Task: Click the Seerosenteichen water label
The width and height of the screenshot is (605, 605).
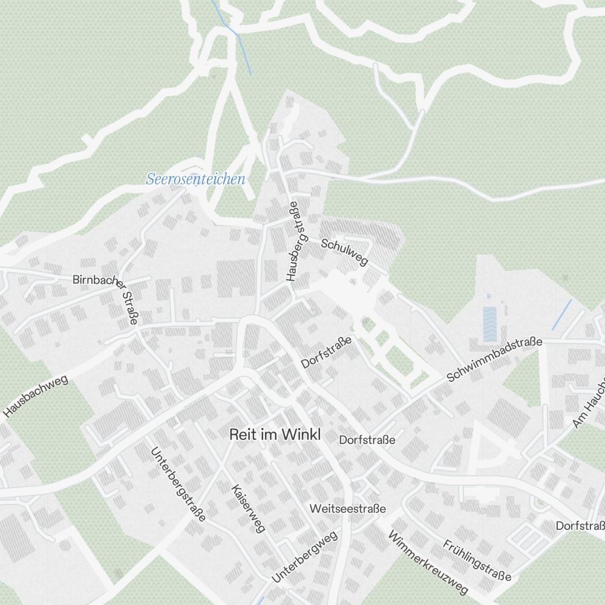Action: tap(195, 179)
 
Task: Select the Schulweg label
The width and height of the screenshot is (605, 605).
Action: tap(344, 252)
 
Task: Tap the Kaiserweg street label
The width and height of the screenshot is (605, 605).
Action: tap(248, 508)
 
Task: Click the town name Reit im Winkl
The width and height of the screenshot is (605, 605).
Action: tap(274, 434)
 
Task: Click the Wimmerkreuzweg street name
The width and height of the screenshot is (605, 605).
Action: tap(428, 563)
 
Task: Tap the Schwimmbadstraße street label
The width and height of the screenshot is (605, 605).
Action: tap(494, 361)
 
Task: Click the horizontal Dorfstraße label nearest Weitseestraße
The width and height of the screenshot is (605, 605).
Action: tap(367, 440)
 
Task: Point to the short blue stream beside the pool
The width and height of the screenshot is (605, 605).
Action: tap(561, 315)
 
